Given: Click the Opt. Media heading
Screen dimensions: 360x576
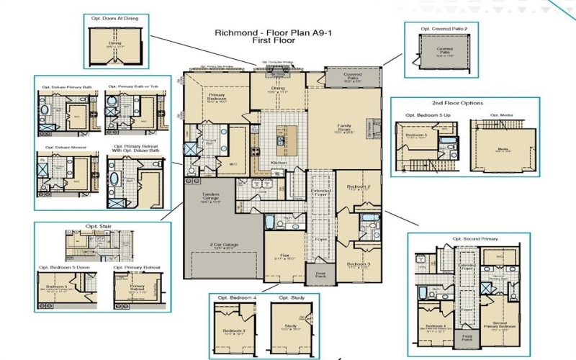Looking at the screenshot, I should [x=502, y=114].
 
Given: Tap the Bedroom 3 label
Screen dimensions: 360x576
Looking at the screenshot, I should [x=358, y=264].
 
